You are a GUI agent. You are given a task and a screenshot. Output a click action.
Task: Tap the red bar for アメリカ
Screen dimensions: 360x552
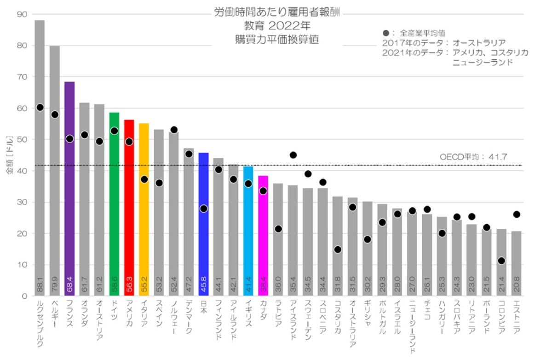[x=129, y=207]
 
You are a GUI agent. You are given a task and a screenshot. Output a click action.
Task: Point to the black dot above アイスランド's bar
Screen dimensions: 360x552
[x=293, y=155]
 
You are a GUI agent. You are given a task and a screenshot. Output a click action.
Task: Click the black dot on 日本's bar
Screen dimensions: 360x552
[x=203, y=209]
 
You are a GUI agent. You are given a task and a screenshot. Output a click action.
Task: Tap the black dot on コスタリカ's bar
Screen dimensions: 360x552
[x=338, y=250]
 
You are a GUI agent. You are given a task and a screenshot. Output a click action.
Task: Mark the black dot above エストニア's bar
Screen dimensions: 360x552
[x=517, y=215]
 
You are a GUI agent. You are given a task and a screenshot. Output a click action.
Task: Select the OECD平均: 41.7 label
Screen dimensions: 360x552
[x=473, y=157]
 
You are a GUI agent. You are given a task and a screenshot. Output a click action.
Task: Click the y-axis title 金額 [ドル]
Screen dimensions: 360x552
[x=9, y=155]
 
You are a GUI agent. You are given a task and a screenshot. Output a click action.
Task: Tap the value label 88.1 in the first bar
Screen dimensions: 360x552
[x=40, y=288]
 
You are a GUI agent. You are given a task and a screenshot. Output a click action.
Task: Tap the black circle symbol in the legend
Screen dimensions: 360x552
[x=386, y=33]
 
